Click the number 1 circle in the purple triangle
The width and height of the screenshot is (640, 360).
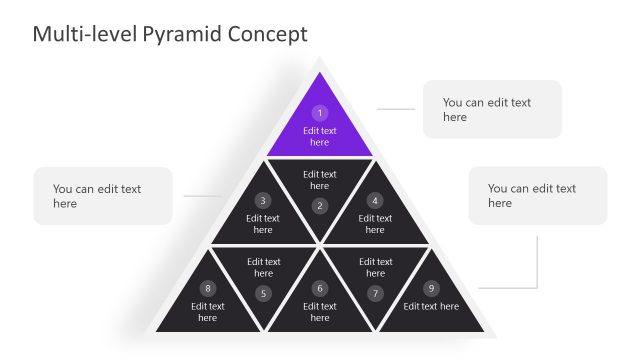(x=320, y=113)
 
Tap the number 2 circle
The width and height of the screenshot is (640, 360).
(x=320, y=206)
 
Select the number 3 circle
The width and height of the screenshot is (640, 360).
(x=263, y=200)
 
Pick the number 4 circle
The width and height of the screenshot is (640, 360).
(x=375, y=200)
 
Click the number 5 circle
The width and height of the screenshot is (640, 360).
(x=263, y=293)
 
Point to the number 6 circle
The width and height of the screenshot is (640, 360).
(x=320, y=288)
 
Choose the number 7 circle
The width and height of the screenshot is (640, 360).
(x=375, y=293)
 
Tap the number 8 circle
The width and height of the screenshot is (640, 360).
(x=208, y=288)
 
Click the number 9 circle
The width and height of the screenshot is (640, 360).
(x=431, y=288)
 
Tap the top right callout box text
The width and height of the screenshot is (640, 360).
(x=487, y=109)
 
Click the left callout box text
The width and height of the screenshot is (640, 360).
(x=97, y=195)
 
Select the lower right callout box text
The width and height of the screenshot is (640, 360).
(x=532, y=195)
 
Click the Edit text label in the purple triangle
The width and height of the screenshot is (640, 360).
(x=320, y=136)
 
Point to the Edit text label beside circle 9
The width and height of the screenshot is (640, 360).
(x=431, y=306)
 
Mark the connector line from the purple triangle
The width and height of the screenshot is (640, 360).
(x=395, y=109)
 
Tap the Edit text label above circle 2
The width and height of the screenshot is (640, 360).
(x=320, y=180)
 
